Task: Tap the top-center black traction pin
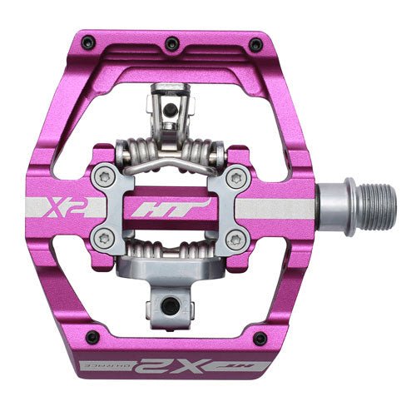(x=171, y=42)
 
